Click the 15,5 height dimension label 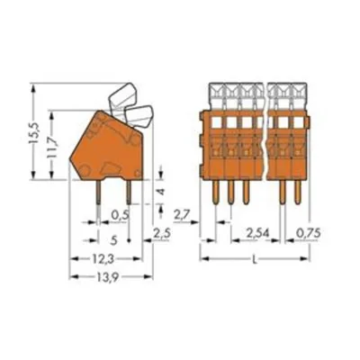point(34,132)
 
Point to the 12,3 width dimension point(103,259)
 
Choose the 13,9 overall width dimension point(106,277)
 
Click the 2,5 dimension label point(162,233)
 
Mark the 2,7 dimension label point(182,214)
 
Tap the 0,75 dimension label point(309,232)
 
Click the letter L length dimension point(255,260)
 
